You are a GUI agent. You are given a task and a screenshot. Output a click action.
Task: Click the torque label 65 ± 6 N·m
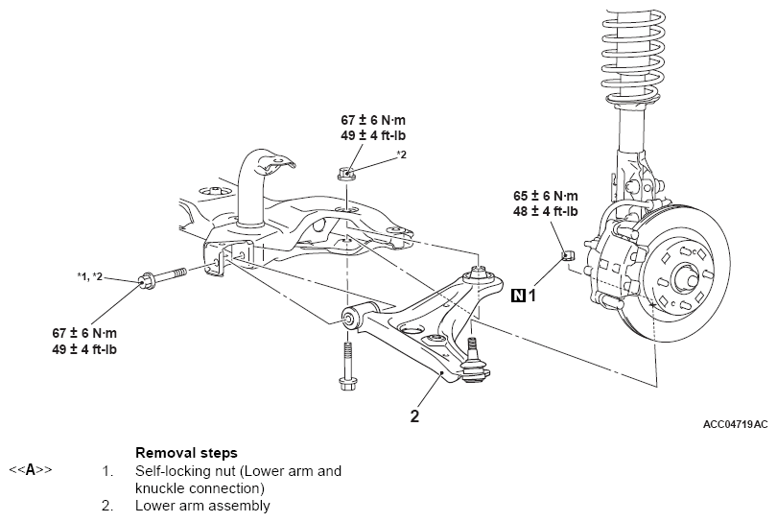(545, 196)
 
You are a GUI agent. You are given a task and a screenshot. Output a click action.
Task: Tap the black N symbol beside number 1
(518, 296)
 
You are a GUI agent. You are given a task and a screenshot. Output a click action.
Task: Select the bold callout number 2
(414, 415)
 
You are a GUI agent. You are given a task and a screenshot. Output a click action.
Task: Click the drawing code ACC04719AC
(735, 424)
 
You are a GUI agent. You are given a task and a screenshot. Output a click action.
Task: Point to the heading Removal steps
(186, 453)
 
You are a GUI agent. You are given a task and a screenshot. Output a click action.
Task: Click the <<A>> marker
(31, 469)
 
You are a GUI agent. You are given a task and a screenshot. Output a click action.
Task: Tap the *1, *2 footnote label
(90, 276)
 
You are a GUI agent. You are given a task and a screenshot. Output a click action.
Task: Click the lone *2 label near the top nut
(401, 154)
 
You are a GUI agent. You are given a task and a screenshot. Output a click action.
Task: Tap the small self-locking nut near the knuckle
(567, 256)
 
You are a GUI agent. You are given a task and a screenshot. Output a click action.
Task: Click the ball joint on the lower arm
(474, 363)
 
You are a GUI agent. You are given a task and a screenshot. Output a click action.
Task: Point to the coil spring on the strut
(633, 55)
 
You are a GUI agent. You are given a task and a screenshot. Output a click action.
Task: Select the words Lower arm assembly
(202, 506)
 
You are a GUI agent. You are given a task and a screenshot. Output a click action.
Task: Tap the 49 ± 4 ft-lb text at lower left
(84, 349)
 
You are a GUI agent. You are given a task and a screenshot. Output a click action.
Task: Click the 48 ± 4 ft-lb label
(545, 212)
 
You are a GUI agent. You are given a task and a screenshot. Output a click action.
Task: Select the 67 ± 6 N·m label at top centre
(372, 120)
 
